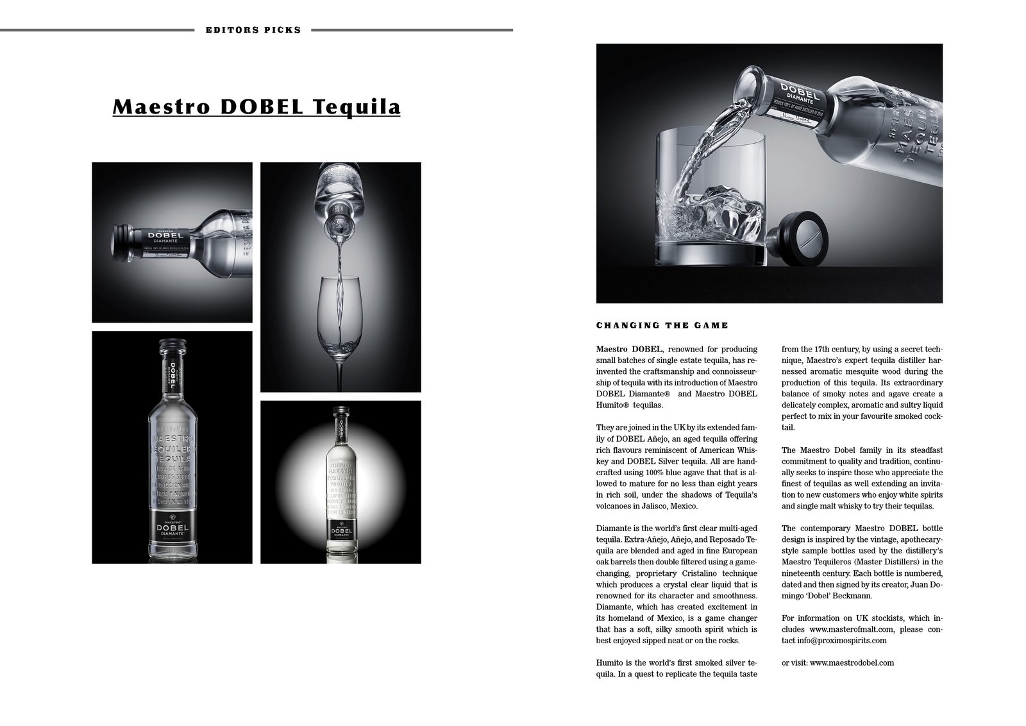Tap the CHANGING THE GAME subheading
click(x=662, y=325)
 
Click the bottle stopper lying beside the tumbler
click(x=799, y=239)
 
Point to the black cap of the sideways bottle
click(x=122, y=242)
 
